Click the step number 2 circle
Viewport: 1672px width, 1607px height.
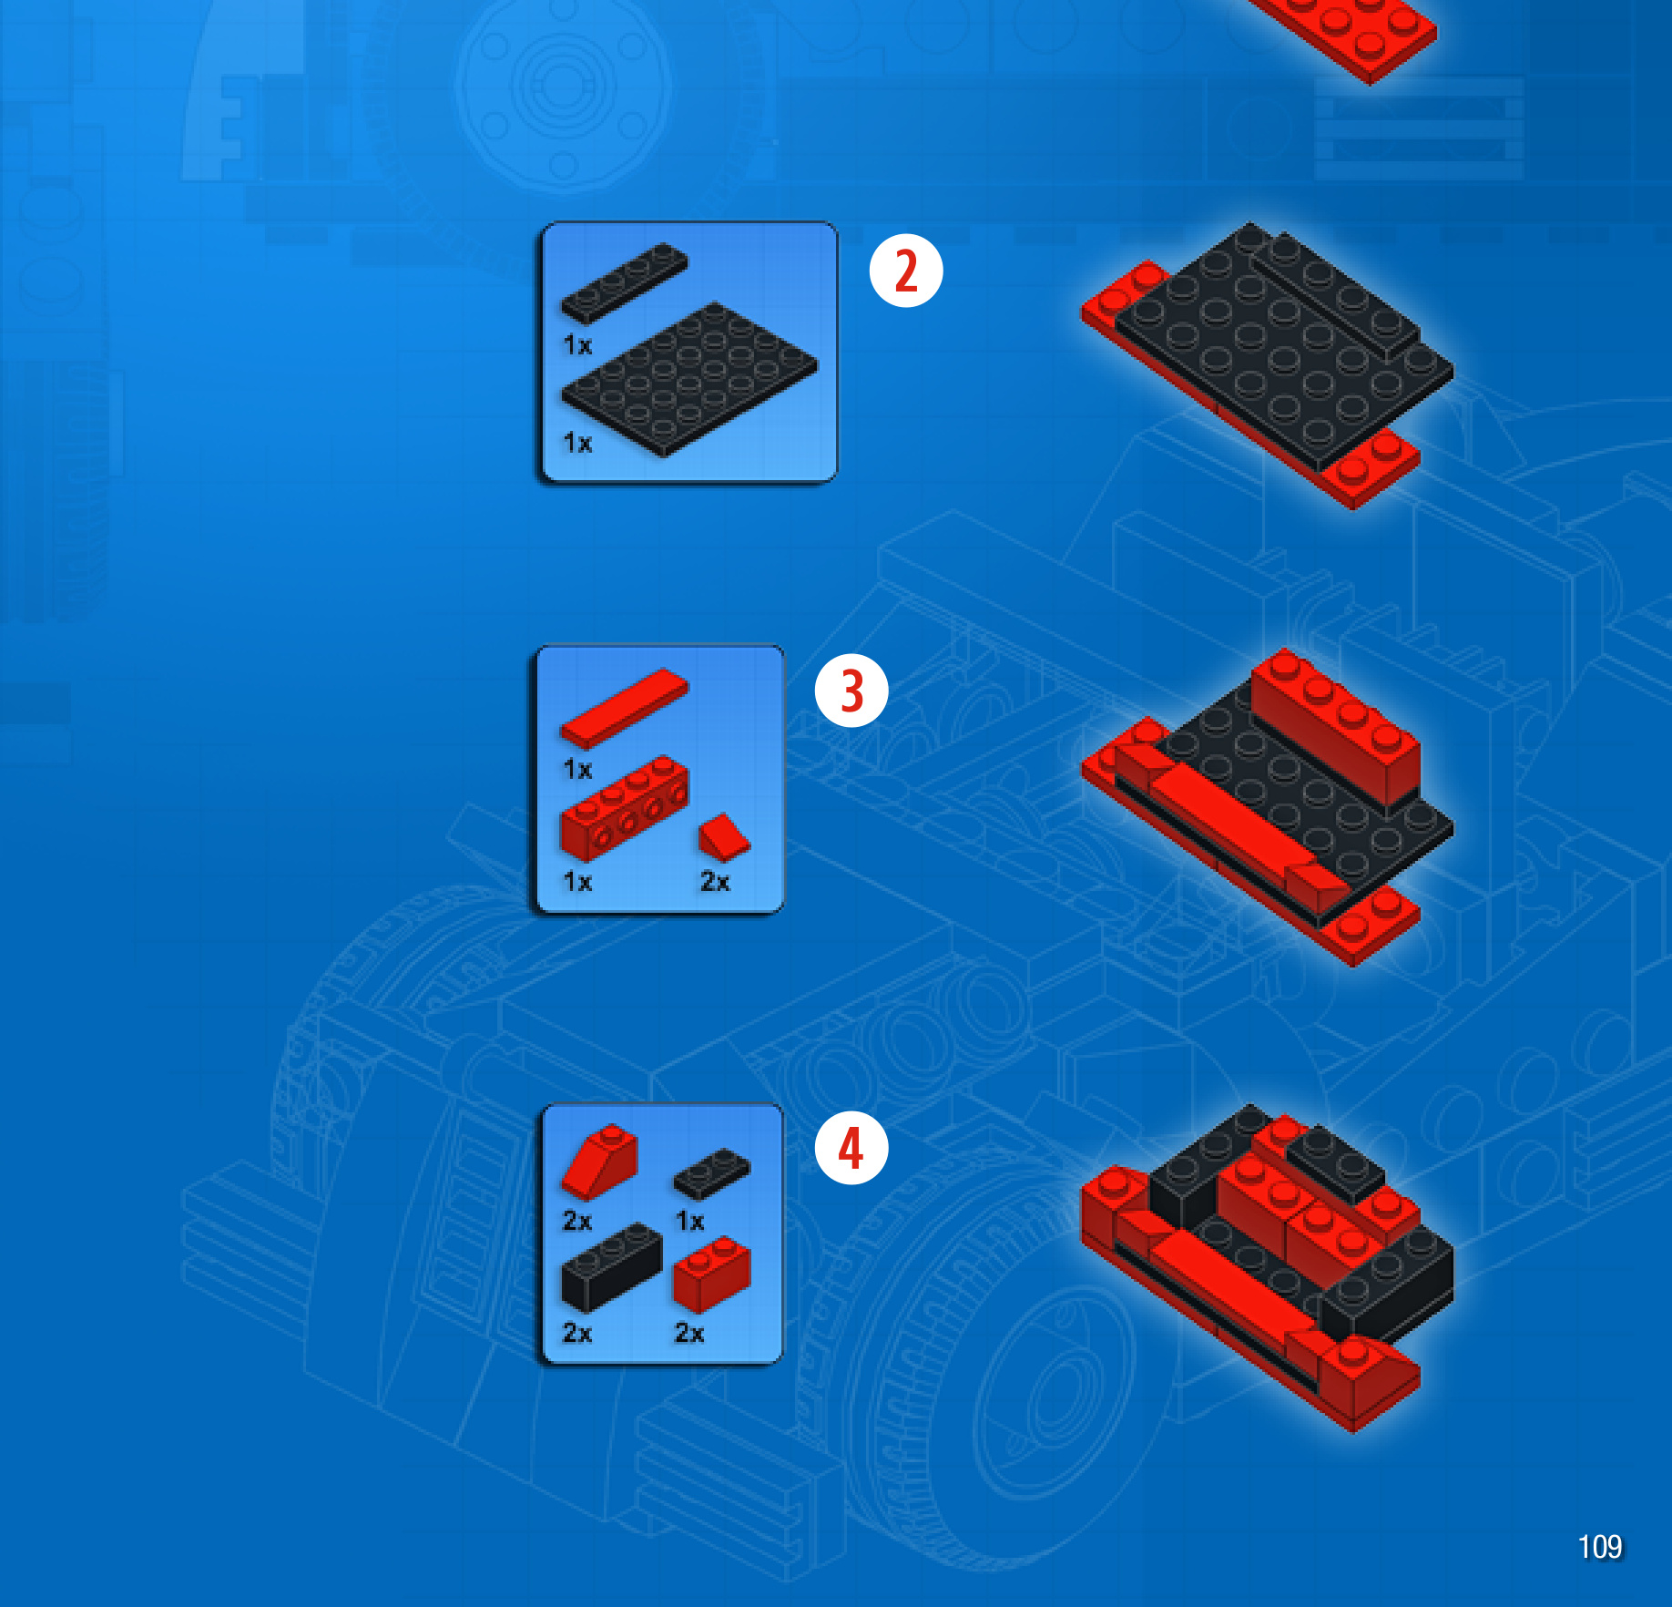(906, 271)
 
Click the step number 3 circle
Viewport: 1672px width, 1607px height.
(851, 691)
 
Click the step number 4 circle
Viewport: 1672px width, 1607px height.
(851, 1148)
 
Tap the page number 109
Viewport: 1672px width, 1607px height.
(1600, 1547)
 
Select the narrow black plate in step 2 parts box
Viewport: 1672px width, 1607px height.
(625, 282)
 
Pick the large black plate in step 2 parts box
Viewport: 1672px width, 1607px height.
(689, 379)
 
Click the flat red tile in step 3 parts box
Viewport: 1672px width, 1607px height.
(625, 710)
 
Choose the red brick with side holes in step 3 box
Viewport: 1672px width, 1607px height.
(625, 808)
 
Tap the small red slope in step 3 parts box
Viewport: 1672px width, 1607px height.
(724, 837)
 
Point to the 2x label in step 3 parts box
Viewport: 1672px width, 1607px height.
(715, 882)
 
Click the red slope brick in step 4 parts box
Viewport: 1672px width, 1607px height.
(599, 1162)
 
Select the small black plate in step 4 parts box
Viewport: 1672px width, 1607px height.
(712, 1173)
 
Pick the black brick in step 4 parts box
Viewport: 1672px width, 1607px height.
(612, 1267)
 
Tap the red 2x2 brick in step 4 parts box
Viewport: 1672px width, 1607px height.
(712, 1274)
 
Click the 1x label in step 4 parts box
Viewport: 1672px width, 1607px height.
(689, 1221)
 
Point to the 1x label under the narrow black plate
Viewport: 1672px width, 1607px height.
(577, 345)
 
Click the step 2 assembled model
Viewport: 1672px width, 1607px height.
(1268, 364)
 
